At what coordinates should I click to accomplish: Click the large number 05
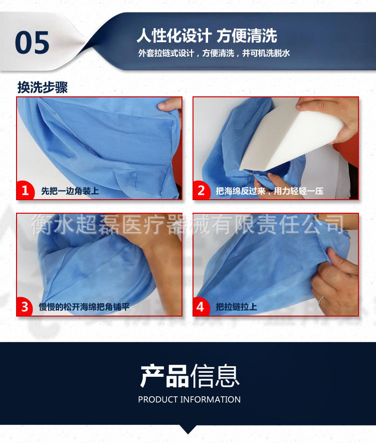tap(32, 42)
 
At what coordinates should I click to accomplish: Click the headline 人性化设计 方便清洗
tap(207, 36)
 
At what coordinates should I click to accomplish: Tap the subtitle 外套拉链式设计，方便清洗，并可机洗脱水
tap(214, 53)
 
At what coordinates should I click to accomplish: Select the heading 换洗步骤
tap(43, 87)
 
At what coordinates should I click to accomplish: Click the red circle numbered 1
tap(26, 190)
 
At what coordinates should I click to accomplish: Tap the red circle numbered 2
tap(202, 190)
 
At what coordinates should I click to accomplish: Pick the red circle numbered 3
tap(26, 307)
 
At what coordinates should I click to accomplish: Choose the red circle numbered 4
tap(201, 307)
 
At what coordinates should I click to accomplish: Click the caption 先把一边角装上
tap(70, 191)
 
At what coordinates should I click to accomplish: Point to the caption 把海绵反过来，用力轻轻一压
tap(270, 191)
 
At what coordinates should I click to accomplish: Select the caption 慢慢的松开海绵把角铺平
tap(84, 307)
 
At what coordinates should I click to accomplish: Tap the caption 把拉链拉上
tap(236, 307)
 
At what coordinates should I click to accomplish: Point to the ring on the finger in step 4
tap(321, 300)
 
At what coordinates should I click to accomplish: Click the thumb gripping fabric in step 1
tap(169, 105)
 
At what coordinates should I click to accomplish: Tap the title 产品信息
tap(190, 376)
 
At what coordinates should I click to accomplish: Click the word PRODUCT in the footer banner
tap(157, 399)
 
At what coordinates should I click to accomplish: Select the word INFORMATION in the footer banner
tap(210, 399)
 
